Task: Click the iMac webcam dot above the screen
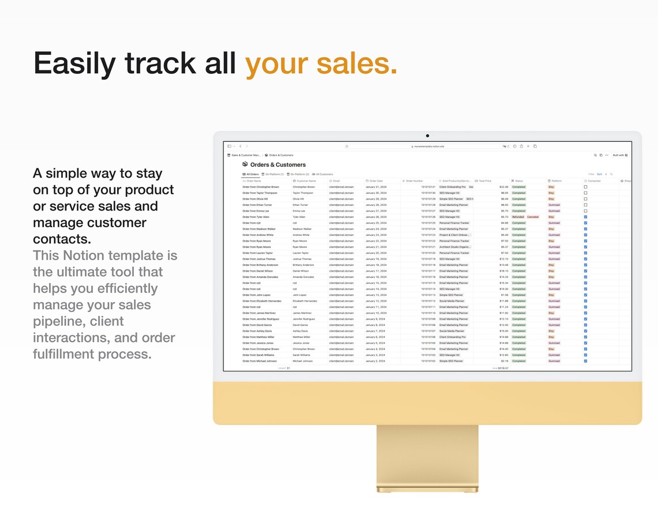(x=427, y=136)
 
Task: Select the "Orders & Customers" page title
(x=278, y=165)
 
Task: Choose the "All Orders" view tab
(x=251, y=174)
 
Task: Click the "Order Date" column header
(x=376, y=181)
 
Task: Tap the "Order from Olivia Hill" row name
(x=255, y=199)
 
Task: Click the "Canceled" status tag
(x=533, y=217)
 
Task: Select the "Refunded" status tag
(x=518, y=217)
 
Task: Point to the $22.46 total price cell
(x=504, y=187)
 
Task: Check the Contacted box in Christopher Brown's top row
(x=585, y=187)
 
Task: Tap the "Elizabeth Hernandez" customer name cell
(x=305, y=301)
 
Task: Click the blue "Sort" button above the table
(x=599, y=174)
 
